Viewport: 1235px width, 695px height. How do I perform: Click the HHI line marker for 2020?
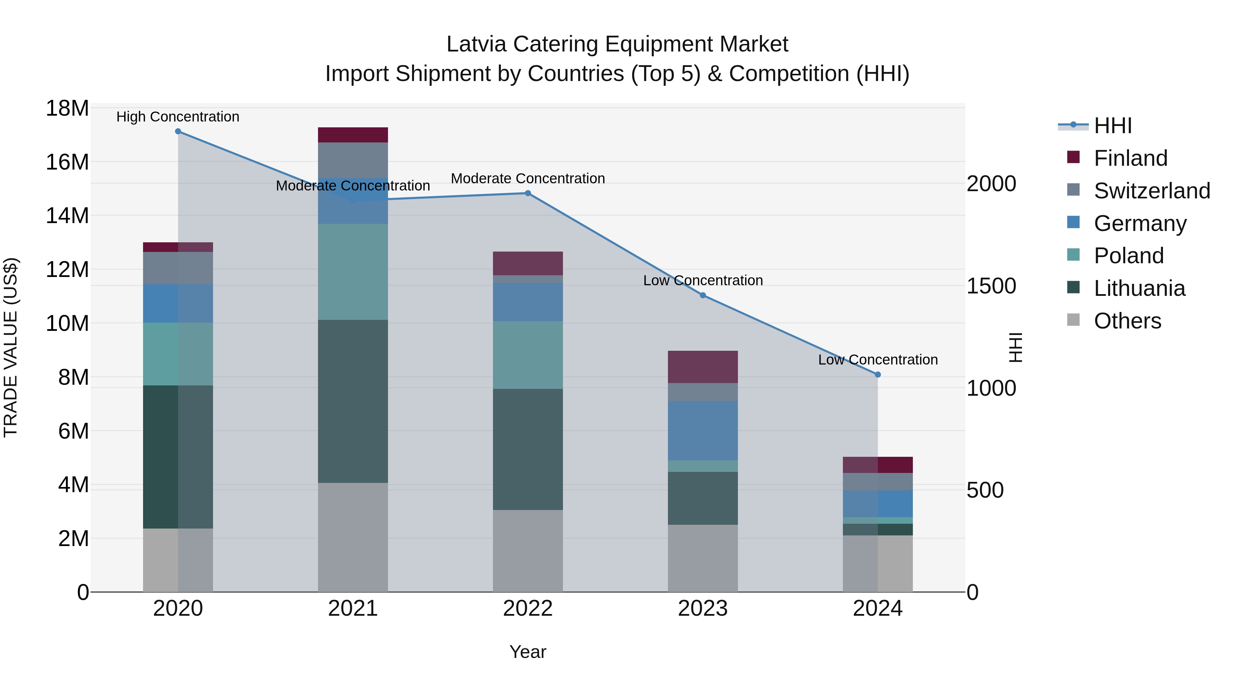[178, 131]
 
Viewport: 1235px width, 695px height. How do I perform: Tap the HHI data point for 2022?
[528, 193]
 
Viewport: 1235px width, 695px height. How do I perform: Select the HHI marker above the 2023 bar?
[703, 296]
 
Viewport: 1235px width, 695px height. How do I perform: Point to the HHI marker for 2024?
[878, 374]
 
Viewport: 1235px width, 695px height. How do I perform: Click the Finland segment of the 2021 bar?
[353, 135]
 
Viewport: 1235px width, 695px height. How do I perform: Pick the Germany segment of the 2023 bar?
[703, 430]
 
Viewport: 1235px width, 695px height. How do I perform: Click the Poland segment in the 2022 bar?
[528, 355]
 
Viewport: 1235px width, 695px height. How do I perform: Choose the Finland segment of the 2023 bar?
[703, 367]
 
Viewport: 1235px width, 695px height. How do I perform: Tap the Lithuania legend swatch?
[1073, 288]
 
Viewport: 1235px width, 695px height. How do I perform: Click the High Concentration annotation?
[178, 117]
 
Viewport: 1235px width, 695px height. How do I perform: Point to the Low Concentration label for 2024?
[878, 360]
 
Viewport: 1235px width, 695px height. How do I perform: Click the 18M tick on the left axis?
[67, 108]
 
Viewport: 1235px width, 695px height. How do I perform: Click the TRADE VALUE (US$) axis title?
[11, 347]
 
